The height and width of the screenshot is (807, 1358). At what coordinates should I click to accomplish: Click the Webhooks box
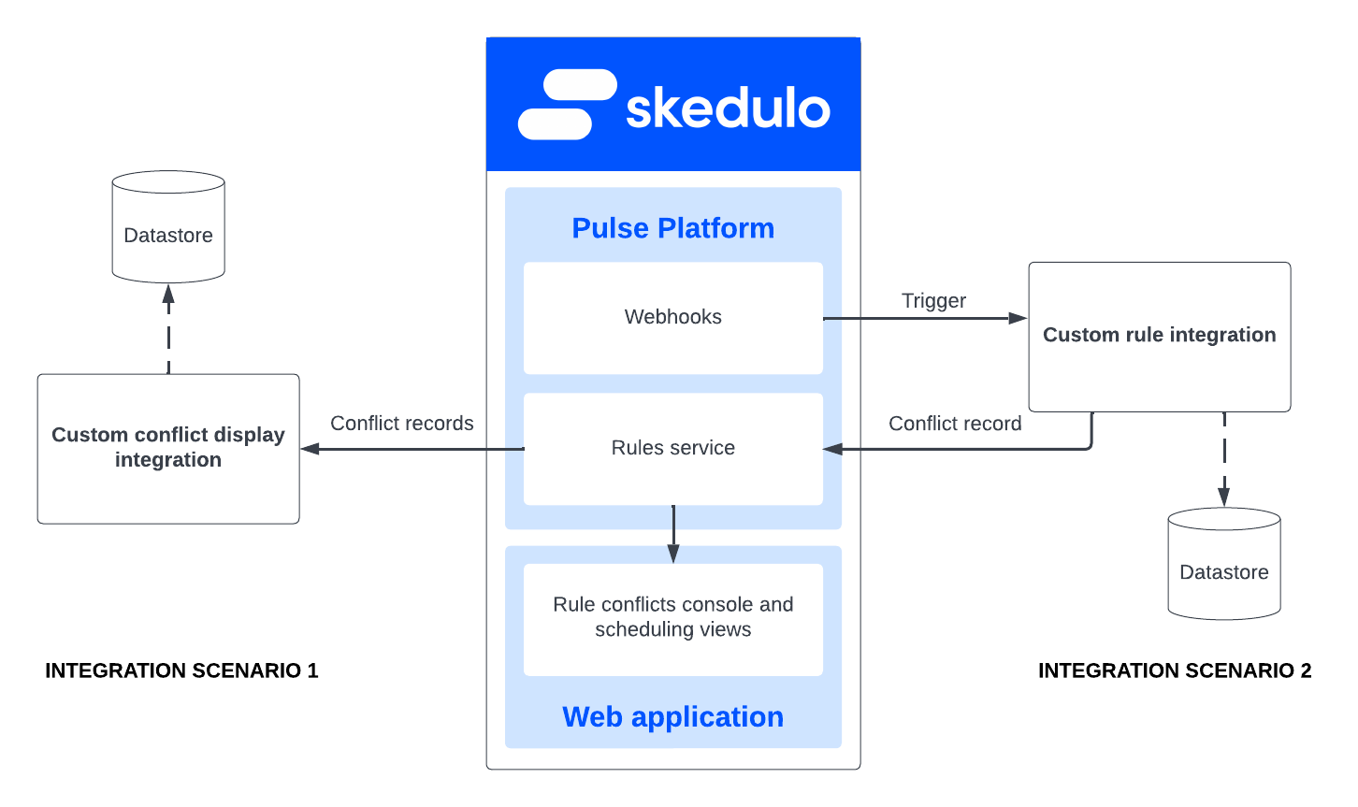tap(672, 317)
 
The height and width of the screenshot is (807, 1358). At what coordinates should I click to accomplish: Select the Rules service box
tap(672, 448)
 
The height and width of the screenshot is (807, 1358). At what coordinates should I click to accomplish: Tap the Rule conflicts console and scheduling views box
tap(672, 617)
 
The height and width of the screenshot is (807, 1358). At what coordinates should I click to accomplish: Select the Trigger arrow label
tap(933, 301)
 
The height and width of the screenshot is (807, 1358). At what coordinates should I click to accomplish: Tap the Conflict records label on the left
tap(402, 424)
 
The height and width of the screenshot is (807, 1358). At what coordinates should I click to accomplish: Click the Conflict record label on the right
tap(955, 424)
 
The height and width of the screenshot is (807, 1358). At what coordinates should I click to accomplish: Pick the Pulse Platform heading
tap(672, 228)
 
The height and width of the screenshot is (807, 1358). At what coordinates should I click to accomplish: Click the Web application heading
tap(672, 717)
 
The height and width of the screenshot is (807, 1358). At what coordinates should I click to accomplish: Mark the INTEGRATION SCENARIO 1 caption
tap(181, 670)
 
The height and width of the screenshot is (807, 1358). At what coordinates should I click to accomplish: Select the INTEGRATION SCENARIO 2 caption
tap(1175, 670)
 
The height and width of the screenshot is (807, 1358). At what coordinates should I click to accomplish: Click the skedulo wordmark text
tap(728, 108)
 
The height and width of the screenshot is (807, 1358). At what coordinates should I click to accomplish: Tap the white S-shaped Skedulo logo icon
tap(567, 104)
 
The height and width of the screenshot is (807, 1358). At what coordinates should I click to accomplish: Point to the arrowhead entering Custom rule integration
tap(1018, 318)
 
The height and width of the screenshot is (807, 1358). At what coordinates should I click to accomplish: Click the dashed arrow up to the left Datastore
tap(168, 327)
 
